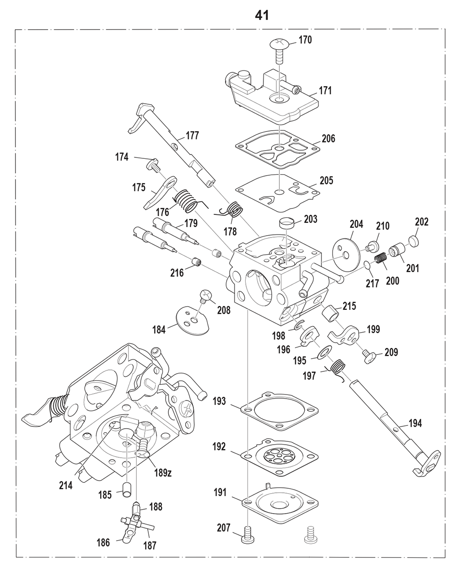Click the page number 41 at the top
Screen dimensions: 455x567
tap(262, 15)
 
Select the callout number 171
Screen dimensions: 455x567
tap(325, 91)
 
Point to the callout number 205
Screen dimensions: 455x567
tap(326, 181)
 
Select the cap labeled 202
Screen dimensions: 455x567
tap(414, 241)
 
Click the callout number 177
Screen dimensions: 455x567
tap(192, 136)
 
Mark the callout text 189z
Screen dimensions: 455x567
tap(163, 473)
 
